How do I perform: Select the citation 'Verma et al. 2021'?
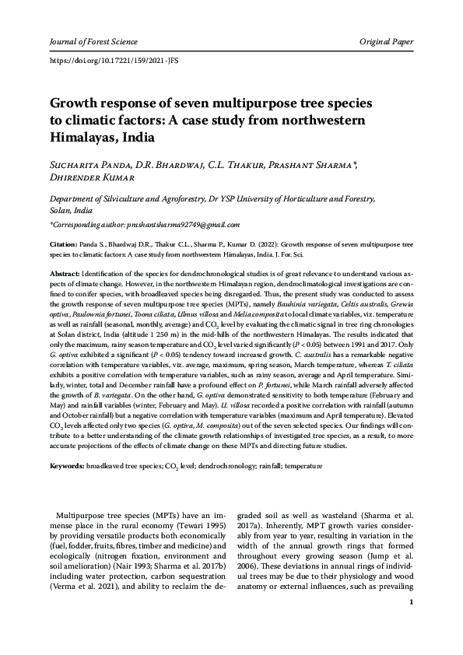click(x=88, y=587)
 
